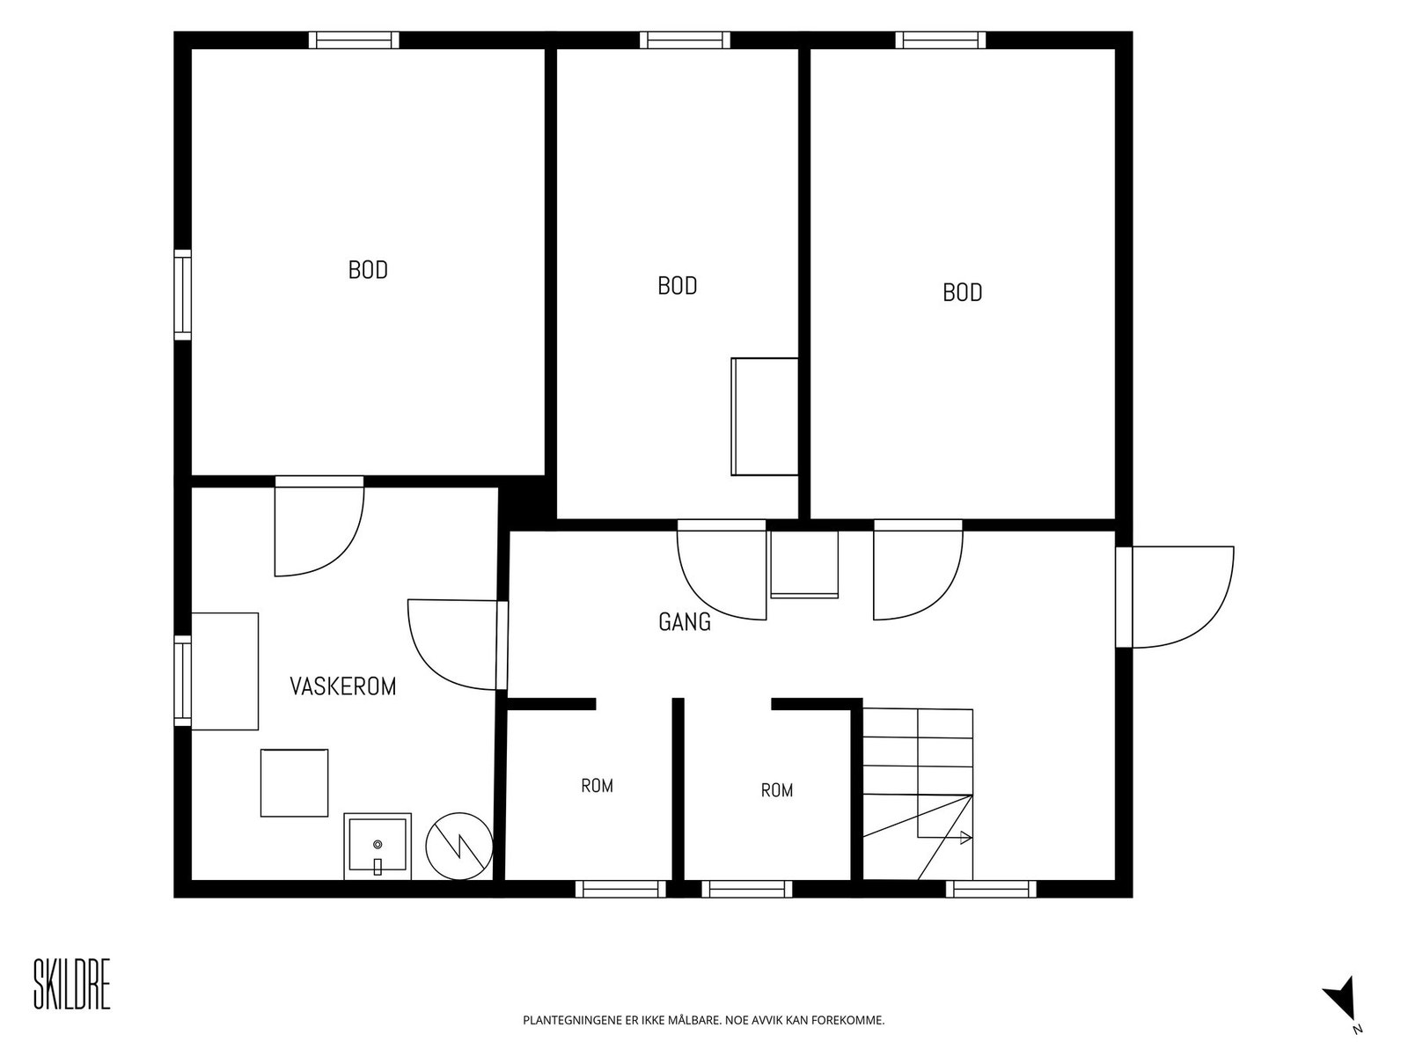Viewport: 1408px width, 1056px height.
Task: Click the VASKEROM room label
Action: coord(342,686)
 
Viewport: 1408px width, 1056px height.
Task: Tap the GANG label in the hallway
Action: coord(685,622)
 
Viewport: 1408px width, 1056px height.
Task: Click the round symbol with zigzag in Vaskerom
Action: coord(459,847)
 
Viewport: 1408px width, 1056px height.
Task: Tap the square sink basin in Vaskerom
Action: coord(378,847)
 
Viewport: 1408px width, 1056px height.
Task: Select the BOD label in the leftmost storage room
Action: coord(368,270)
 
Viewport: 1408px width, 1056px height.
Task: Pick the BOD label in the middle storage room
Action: coord(678,285)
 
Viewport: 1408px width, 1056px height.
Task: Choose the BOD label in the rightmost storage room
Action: coord(962,292)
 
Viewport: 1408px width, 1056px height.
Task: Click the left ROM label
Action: coord(598,786)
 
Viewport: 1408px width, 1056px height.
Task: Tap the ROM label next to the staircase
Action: coord(777,790)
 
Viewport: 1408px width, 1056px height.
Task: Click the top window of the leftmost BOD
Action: coord(354,40)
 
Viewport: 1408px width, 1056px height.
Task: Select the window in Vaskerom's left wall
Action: coord(183,681)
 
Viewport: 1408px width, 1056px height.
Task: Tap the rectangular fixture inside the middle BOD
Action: coord(765,417)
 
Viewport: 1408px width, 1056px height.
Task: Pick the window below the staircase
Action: coord(991,890)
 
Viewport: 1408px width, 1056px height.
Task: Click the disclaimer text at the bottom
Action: coord(704,1020)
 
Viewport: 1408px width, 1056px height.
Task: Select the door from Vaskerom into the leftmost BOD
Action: coord(319,525)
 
